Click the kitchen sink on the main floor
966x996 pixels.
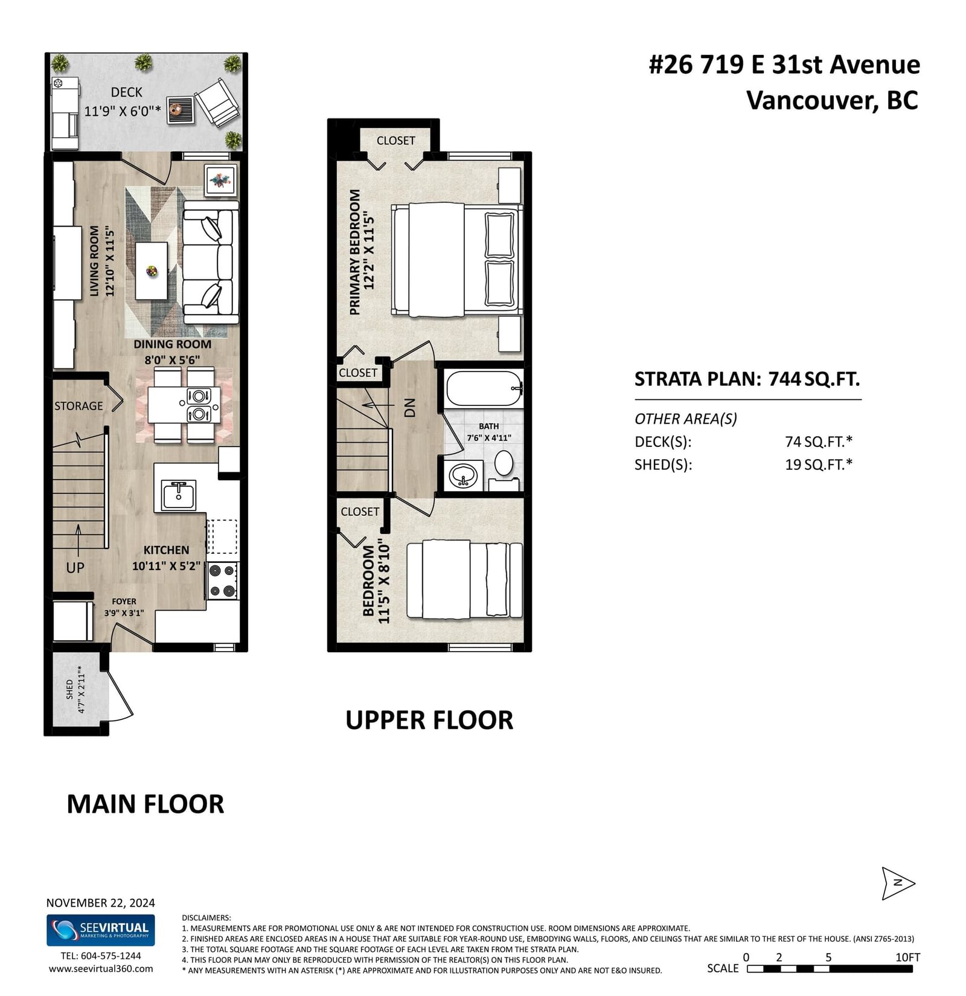[178, 495]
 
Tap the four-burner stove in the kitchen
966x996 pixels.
[222, 580]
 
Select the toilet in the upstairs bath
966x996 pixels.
[504, 463]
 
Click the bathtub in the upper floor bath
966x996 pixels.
[484, 388]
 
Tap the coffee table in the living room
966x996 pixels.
[152, 271]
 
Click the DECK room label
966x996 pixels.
[127, 92]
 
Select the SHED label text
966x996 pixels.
[69, 689]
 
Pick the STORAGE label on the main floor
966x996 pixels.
[78, 406]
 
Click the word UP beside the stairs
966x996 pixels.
[75, 568]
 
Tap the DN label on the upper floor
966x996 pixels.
[410, 408]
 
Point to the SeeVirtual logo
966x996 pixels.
[101, 930]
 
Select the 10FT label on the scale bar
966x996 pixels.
[907, 957]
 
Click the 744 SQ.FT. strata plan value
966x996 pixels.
[814, 379]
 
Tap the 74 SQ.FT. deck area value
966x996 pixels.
[819, 442]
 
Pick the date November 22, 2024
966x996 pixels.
[101, 903]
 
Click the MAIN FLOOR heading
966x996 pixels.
[146, 804]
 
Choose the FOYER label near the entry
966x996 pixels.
[124, 601]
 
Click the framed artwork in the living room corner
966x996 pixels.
[220, 180]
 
